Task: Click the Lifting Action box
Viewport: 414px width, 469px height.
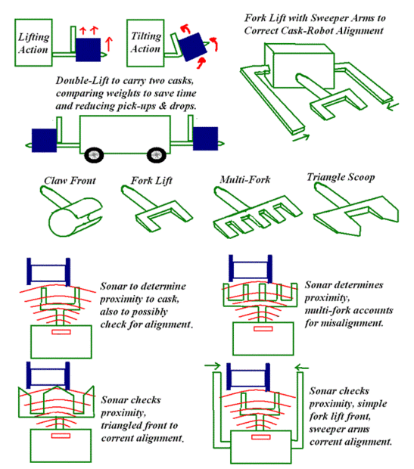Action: click(33, 42)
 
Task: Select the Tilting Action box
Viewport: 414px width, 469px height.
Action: click(145, 43)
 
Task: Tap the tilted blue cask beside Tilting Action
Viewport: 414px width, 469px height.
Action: click(192, 47)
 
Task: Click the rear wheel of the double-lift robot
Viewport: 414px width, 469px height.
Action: click(94, 154)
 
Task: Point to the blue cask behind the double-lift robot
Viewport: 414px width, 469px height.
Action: click(45, 140)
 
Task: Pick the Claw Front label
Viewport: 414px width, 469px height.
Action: click(70, 181)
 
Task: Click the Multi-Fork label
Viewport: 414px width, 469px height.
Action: click(245, 179)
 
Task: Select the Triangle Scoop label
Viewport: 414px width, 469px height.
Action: click(341, 177)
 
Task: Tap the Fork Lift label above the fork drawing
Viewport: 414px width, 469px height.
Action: click(151, 181)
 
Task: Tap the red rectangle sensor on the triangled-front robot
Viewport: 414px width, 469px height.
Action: click(61, 436)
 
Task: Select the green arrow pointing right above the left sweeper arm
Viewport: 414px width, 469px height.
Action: click(213, 366)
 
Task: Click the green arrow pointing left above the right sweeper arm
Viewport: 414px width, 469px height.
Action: click(301, 368)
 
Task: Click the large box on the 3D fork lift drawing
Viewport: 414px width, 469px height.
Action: click(300, 65)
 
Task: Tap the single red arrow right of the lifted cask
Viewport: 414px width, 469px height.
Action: click(109, 45)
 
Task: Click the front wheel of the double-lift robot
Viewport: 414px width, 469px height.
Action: click(156, 154)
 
